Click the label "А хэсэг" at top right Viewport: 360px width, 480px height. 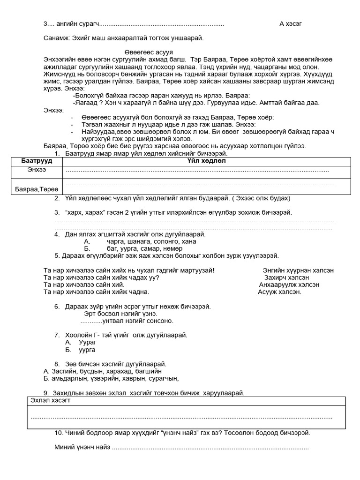pyautogui.click(x=294, y=24)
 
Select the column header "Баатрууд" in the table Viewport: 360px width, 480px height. pyautogui.click(x=37, y=161)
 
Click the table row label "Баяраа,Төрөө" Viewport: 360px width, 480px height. pyautogui.click(x=37, y=189)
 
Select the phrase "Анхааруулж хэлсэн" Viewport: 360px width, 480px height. pyautogui.click(x=289, y=285)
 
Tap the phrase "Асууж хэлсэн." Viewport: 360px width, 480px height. pyautogui.click(x=279, y=292)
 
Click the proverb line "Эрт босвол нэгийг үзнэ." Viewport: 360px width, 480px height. pyautogui.click(x=120, y=313)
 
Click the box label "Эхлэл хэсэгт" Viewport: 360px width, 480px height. pyautogui.click(x=51, y=401)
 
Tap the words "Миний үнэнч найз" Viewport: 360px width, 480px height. pyautogui.click(x=82, y=447)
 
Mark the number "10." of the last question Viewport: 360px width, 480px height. pyautogui.click(x=59, y=433)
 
